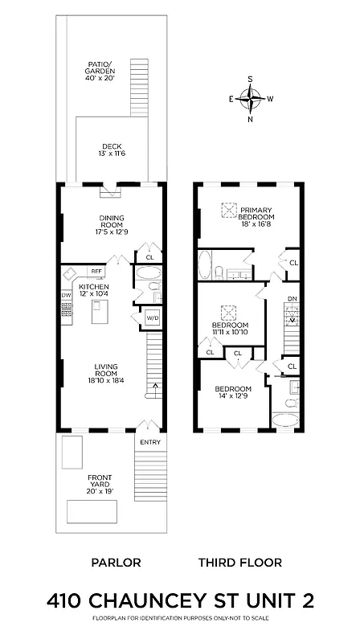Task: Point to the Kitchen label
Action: [93, 289]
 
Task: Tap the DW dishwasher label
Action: [66, 295]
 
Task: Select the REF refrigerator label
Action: [96, 272]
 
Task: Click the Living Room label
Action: [105, 372]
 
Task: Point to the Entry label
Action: [150, 442]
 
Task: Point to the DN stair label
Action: [292, 300]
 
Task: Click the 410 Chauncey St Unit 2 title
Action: [180, 600]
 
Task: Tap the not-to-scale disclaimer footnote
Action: [180, 619]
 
